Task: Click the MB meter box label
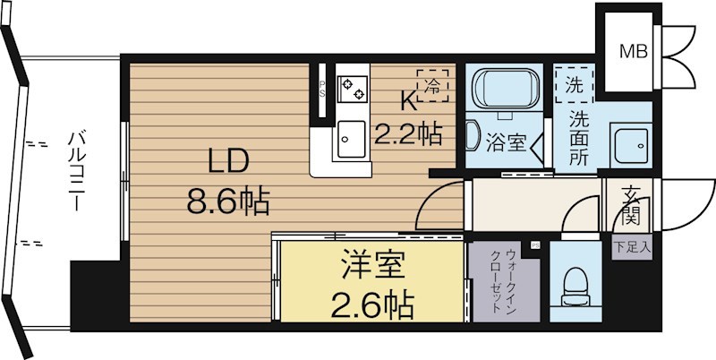[633, 52]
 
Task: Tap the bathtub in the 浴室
[505, 88]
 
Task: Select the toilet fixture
[575, 287]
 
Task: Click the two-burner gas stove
[352, 89]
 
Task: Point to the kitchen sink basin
[351, 139]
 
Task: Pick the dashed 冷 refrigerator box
[432, 86]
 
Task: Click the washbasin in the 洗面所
[632, 146]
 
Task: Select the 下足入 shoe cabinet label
[633, 249]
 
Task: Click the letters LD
[228, 162]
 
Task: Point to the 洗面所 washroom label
[578, 139]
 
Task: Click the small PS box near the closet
[535, 245]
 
